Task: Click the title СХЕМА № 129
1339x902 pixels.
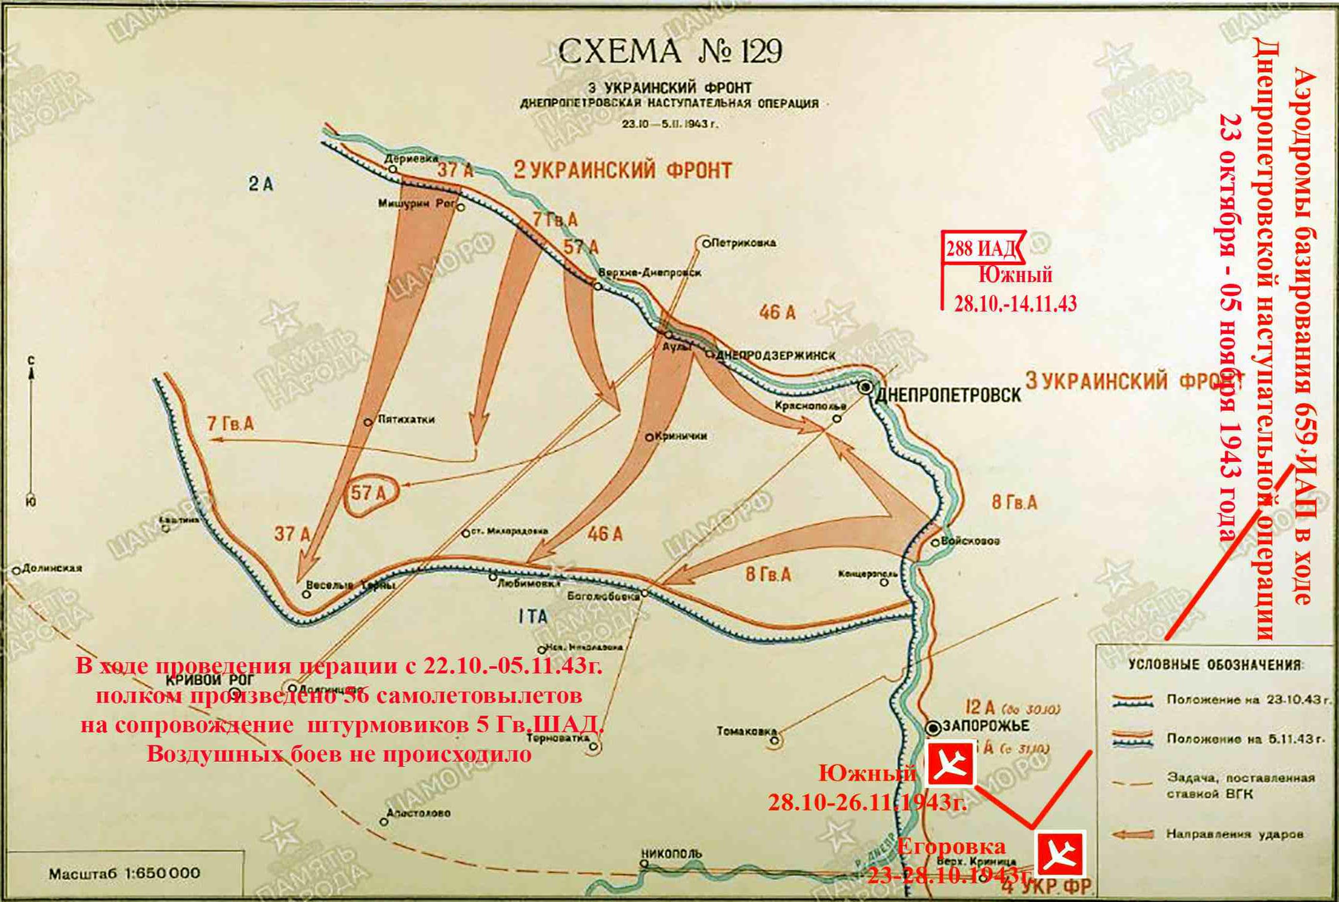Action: pos(669,51)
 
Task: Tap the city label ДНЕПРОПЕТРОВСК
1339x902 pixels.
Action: pos(948,395)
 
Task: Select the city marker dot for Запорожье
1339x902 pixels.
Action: pos(933,727)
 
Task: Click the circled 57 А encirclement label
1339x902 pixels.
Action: pos(370,493)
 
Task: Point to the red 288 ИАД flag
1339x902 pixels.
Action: pos(982,248)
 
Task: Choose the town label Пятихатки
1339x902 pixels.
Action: pos(406,419)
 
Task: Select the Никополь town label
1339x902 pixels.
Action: pos(671,854)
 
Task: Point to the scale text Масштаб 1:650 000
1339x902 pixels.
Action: pos(124,874)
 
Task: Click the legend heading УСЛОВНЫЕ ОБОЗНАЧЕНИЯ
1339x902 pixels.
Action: pos(1215,665)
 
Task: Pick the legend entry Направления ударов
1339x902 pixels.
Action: pos(1235,834)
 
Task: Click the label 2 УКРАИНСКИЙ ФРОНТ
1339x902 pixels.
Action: pos(622,171)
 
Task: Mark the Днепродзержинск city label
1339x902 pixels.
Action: pos(775,356)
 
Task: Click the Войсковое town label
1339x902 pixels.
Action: pos(970,541)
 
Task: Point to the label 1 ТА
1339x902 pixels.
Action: pos(533,616)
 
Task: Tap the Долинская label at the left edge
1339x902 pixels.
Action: pos(51,569)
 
